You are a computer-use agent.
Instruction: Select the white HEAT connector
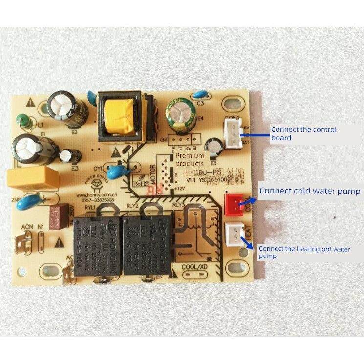pyautogui.click(x=236, y=233)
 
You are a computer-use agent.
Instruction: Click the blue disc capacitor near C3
pyautogui.click(x=200, y=96)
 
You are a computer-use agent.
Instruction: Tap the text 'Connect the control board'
pyautogui.click(x=303, y=133)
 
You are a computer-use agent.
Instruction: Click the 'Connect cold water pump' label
pyautogui.click(x=310, y=191)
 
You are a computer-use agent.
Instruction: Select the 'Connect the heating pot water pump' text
pyautogui.click(x=304, y=252)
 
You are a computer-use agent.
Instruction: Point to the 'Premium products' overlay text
pyautogui.click(x=190, y=159)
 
